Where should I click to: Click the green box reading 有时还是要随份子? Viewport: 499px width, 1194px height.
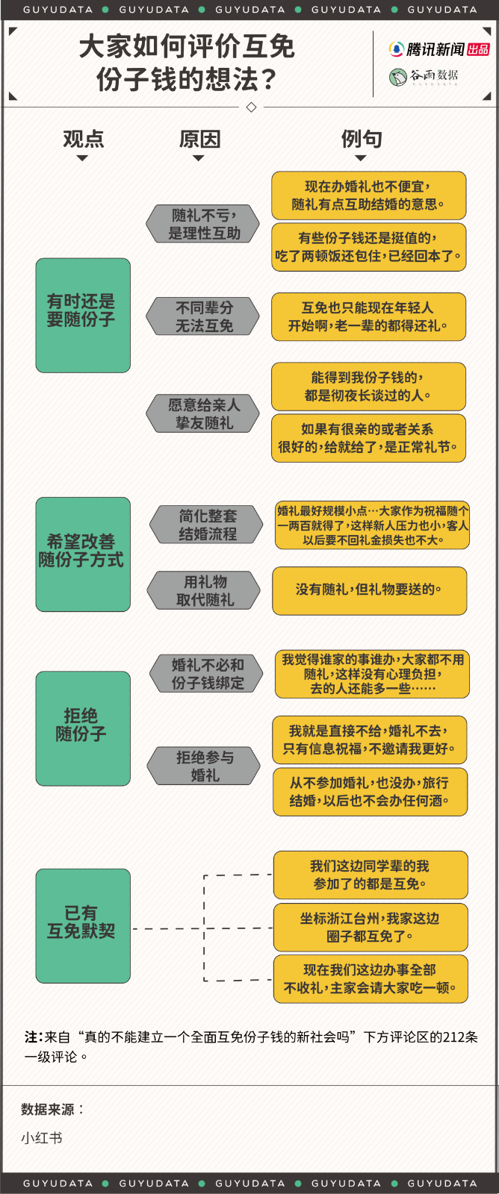coord(83,315)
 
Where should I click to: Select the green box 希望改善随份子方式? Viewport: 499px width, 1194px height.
coord(83,554)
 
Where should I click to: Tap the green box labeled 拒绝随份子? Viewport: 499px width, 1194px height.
coord(83,728)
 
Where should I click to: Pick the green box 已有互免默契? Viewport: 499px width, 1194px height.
coord(83,925)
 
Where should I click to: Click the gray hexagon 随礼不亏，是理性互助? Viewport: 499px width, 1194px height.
coord(202,223)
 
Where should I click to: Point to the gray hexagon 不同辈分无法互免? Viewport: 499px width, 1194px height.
coord(202,316)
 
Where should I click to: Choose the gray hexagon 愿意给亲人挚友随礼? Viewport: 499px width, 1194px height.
coord(202,413)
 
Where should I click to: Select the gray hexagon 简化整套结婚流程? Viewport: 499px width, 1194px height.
coord(206,525)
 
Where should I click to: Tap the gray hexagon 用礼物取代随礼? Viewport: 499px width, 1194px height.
coord(204,590)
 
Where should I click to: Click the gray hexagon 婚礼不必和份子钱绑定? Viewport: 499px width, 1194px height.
coord(206,673)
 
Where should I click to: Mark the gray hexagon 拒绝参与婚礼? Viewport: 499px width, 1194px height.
coord(204,766)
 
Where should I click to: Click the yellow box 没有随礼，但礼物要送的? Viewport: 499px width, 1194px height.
coord(369,590)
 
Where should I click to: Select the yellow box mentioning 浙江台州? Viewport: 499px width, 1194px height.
coord(371,927)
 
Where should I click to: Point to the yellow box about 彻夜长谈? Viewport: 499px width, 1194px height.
coord(369,387)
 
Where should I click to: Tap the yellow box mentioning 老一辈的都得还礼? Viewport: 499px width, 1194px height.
coord(369,316)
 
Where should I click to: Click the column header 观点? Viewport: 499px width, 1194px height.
coord(83,139)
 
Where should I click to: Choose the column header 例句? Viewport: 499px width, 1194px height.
coord(362,139)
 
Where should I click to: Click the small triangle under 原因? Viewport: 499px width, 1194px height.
coord(199,157)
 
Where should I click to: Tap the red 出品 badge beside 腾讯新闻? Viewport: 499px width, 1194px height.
coord(478,49)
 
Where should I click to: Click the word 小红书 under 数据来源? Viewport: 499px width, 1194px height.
coord(42,1138)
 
